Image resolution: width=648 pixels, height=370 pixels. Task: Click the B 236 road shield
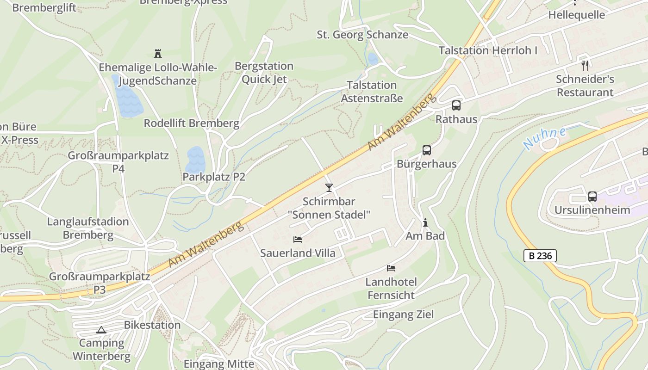540,256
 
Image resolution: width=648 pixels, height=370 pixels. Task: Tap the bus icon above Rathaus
456,105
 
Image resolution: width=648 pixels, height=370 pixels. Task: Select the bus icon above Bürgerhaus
426,150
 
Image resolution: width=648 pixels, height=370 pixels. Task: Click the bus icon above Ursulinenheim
592,196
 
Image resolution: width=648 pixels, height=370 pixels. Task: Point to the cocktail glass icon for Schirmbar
329,187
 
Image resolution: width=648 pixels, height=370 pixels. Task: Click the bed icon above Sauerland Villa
298,240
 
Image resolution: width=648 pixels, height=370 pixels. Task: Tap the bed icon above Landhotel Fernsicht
391,268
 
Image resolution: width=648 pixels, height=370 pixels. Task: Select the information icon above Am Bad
425,223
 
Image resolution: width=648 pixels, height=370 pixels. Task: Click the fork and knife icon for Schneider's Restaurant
585,65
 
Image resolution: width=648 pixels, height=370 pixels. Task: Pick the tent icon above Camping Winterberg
101,330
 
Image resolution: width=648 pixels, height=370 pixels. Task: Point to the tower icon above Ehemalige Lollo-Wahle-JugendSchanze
157,54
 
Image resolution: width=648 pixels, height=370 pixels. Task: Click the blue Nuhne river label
545,138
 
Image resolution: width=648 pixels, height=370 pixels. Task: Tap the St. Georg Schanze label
362,35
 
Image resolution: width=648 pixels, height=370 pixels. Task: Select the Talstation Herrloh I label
488,50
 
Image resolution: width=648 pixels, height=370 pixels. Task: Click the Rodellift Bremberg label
191,123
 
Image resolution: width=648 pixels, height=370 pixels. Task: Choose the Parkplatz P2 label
213,177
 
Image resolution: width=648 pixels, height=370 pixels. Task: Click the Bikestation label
152,325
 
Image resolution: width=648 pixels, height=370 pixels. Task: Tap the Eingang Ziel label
403,315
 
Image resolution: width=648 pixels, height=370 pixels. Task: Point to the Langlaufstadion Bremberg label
88,228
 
